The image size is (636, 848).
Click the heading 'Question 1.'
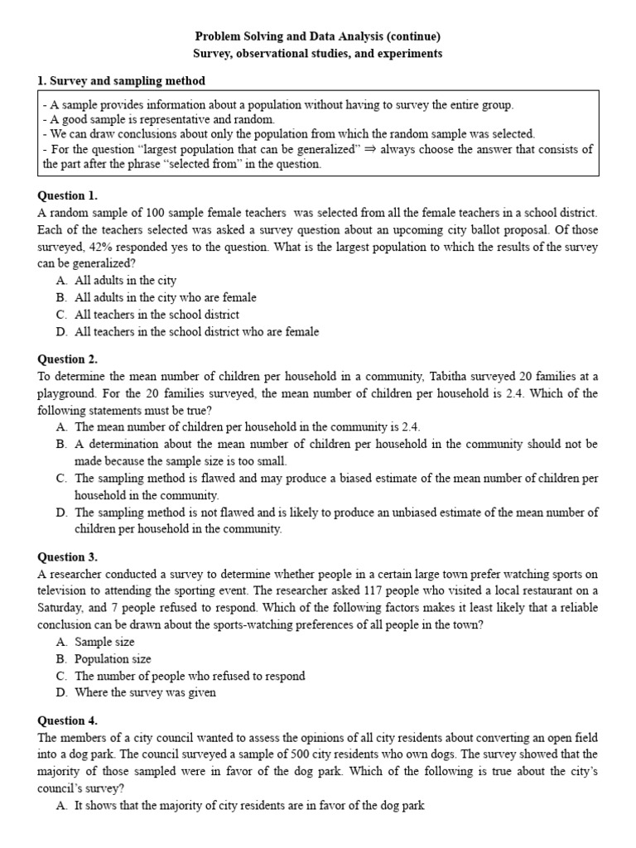coord(68,196)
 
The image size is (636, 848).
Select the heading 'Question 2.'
coord(68,359)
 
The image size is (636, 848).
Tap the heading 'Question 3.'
coord(68,557)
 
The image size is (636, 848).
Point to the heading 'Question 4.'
coord(68,720)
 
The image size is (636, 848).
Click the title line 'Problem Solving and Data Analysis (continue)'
coord(318,36)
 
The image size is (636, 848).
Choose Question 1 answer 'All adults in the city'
coord(125,281)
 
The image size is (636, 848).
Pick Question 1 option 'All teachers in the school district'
coord(157,315)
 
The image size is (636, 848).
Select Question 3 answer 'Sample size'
coord(104,642)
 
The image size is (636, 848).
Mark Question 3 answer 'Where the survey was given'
coord(145,693)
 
